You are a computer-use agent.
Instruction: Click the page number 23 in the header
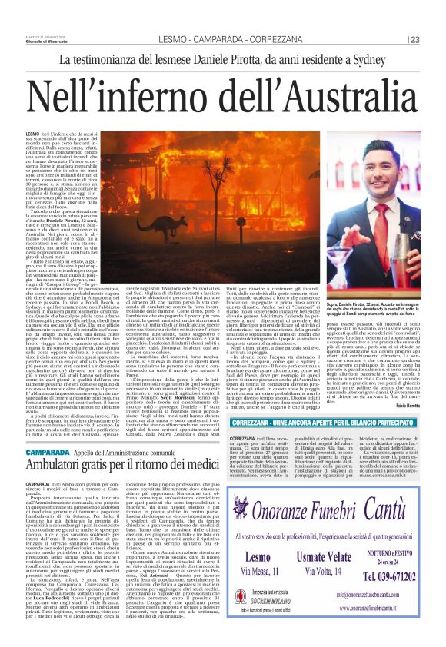(x=414, y=40)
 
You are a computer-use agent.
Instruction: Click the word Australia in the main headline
(x=324, y=98)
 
